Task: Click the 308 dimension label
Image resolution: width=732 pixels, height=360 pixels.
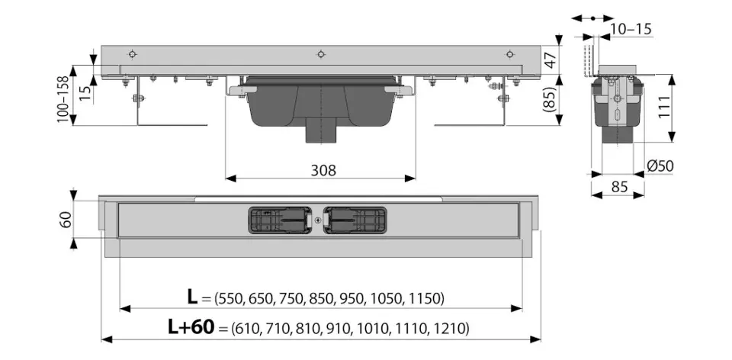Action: (x=323, y=170)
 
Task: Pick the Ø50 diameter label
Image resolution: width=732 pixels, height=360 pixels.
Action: (x=660, y=166)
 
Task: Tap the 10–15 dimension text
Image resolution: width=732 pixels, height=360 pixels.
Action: (x=631, y=29)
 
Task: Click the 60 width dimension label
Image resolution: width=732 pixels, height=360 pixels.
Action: (x=66, y=220)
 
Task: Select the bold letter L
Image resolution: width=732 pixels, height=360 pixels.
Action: (x=192, y=297)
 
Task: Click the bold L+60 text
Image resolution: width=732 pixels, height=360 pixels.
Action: (x=191, y=328)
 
